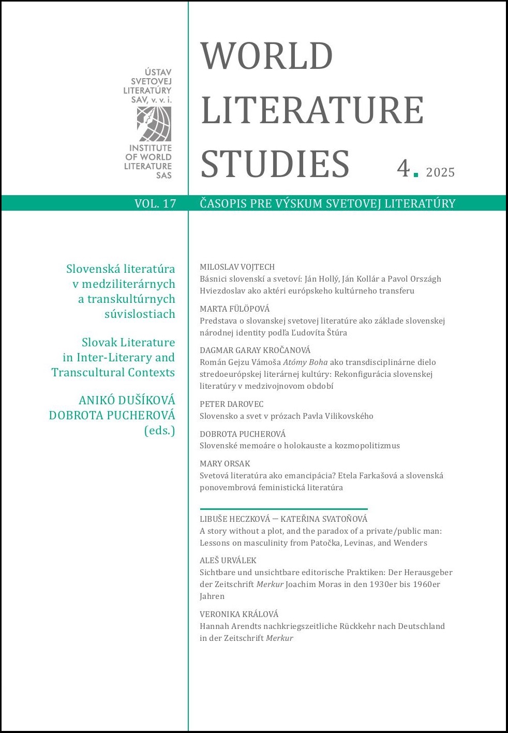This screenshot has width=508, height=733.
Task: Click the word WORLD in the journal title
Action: click(x=266, y=56)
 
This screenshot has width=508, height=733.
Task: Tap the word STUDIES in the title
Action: click(x=275, y=165)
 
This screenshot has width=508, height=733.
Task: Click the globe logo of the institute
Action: click(x=154, y=124)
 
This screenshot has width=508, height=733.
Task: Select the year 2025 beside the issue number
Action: click(x=440, y=172)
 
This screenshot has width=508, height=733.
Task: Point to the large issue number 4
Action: click(x=404, y=168)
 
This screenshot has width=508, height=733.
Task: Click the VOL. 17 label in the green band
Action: click(x=155, y=203)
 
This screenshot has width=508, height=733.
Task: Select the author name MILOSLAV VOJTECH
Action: click(x=237, y=267)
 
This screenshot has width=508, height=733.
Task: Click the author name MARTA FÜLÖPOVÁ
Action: click(x=234, y=309)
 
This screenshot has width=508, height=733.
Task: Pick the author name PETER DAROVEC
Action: click(x=231, y=404)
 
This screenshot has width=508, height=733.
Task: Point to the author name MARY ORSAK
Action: click(x=225, y=463)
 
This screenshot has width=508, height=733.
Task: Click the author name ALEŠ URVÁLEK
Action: click(x=228, y=560)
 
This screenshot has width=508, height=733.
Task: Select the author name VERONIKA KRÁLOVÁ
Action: click(x=238, y=614)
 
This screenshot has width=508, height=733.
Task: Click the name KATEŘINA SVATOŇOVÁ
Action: click(x=324, y=519)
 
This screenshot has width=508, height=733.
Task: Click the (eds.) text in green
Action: click(x=159, y=430)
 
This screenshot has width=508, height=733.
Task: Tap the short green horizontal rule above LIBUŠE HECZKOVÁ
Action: click(x=283, y=509)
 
